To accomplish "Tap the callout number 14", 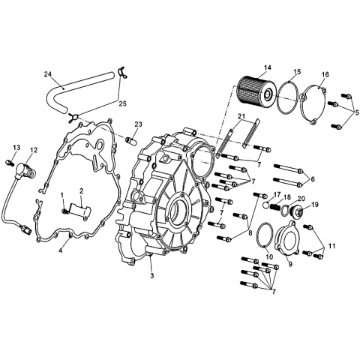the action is point(267,67).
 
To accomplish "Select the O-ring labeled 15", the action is point(287,97).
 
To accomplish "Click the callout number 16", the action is point(325,74).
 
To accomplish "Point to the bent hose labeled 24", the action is point(62,88).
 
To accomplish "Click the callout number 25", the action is point(122,103).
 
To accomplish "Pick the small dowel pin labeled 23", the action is point(133,141).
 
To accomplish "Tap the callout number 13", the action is point(16,148).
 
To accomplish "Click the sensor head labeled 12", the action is point(25,170).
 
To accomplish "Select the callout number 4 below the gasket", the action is point(60,250).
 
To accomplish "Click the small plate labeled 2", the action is point(79,209).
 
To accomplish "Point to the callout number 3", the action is point(152,276).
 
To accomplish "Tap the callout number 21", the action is point(242,117).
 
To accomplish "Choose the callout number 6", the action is point(313,179).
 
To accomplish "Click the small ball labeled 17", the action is point(266,205).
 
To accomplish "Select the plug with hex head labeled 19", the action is point(298,212).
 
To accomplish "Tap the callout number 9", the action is point(290,264).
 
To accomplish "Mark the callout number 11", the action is point(331,246).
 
